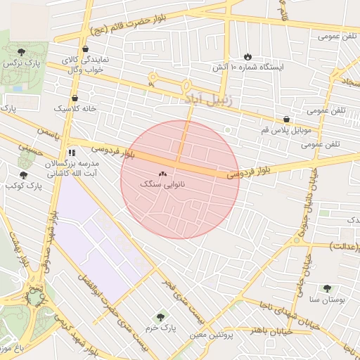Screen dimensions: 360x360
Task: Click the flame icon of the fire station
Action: click(x=247, y=56)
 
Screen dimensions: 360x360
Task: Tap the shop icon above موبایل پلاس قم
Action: click(x=285, y=120)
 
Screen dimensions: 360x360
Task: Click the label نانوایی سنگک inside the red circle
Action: click(x=162, y=184)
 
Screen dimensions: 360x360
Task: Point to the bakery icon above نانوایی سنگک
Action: click(x=163, y=173)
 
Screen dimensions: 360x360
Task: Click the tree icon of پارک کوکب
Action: click(x=23, y=175)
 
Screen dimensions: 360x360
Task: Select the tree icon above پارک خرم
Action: click(x=161, y=317)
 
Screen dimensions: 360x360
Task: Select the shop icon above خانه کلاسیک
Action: click(x=75, y=98)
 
